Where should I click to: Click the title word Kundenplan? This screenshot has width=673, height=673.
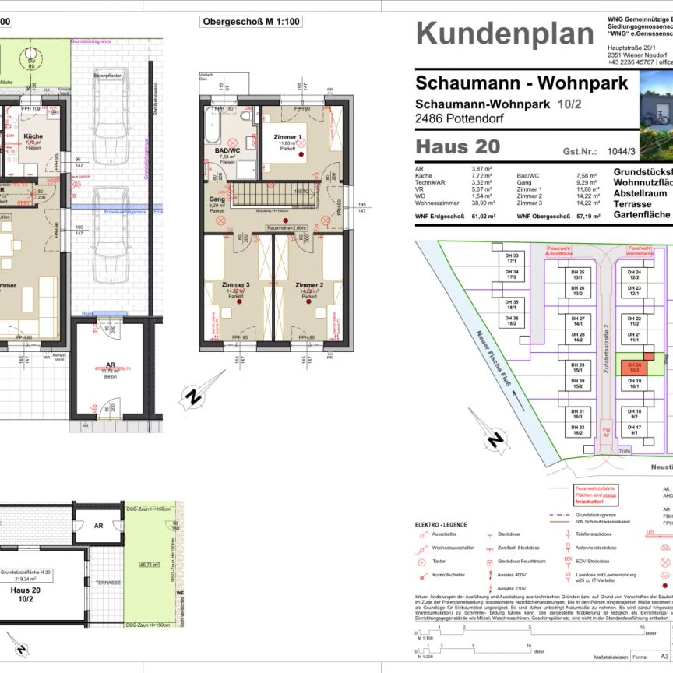[x=505, y=33]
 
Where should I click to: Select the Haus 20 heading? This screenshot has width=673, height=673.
[x=458, y=146]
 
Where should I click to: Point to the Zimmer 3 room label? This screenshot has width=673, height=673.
[x=236, y=285]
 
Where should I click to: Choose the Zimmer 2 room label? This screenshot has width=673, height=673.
[x=309, y=285]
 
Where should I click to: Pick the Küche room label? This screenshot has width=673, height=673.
[x=33, y=136]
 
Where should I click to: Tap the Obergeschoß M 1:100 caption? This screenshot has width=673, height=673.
[x=251, y=23]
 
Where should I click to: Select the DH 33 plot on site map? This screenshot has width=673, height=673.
[x=512, y=257]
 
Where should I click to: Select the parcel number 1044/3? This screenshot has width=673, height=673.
[x=620, y=153]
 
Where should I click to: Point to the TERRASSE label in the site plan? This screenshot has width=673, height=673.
[x=108, y=583]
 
